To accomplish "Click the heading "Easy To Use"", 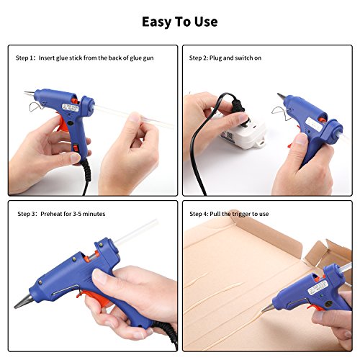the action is pos(180,22).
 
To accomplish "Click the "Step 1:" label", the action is pos(26,58).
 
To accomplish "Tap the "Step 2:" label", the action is pos(199,58).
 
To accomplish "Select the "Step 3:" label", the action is pos(27,214).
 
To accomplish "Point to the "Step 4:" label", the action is pos(199,214).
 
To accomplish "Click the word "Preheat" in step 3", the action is pos(51,214).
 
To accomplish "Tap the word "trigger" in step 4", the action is pos(238,215).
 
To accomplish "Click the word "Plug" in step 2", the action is pos(215,58).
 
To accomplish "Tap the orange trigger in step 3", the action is pos(95,298).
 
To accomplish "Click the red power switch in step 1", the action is pos(76,148).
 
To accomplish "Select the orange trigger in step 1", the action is pos(63,125).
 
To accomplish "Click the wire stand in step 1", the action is pos(37,107).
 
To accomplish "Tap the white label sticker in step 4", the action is pos(318,287).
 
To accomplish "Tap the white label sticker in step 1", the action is pos(71,108).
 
